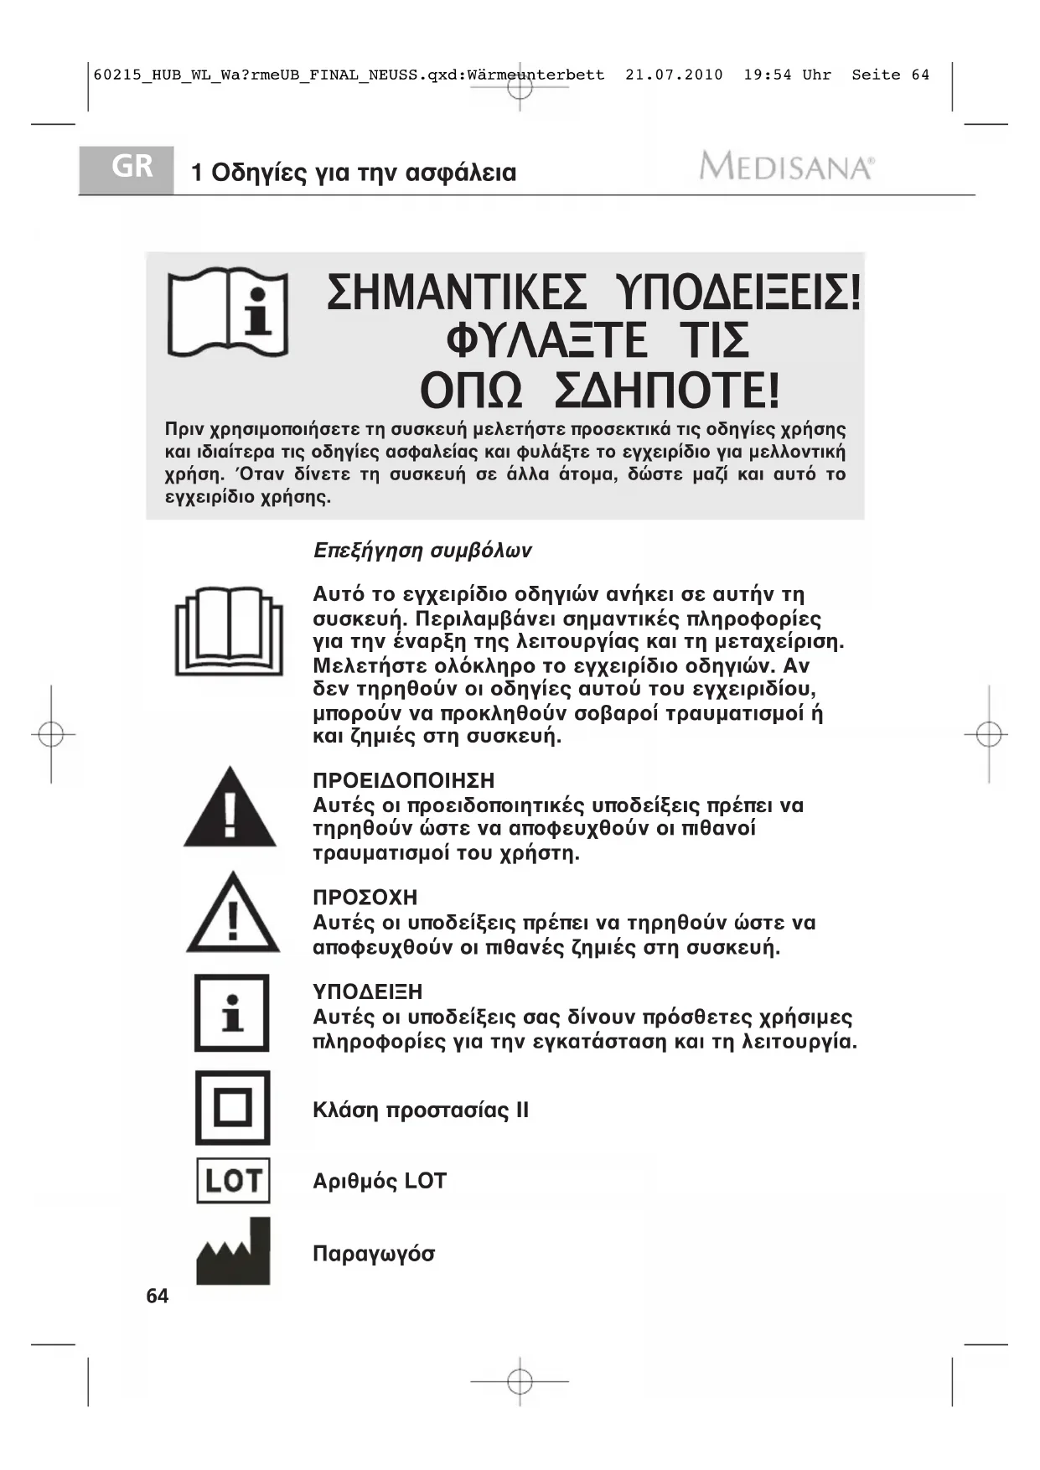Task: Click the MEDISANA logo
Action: (x=786, y=167)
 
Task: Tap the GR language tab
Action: (x=132, y=168)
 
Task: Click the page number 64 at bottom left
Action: (x=157, y=1297)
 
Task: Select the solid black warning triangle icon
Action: (x=230, y=808)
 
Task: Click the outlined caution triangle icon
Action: (x=233, y=914)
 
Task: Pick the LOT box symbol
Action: (x=233, y=1180)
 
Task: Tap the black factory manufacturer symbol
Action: (x=234, y=1253)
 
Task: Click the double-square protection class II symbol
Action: (x=233, y=1108)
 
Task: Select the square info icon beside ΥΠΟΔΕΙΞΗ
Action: (x=232, y=1013)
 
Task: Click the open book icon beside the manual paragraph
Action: (x=229, y=631)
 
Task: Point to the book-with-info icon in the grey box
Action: (x=228, y=313)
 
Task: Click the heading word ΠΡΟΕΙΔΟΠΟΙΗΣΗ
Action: (x=404, y=781)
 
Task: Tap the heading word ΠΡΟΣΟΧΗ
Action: (x=365, y=898)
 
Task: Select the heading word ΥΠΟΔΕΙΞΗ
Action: (x=367, y=992)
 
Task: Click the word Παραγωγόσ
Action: (x=374, y=1254)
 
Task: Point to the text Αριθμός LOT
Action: (x=380, y=1181)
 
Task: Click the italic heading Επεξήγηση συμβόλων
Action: (x=422, y=551)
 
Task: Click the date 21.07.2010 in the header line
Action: (x=674, y=75)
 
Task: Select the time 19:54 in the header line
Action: (x=767, y=75)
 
